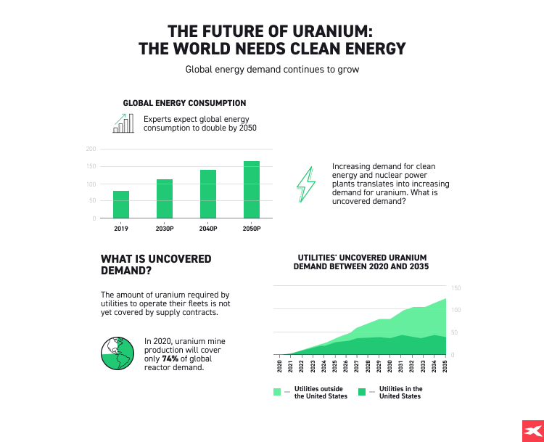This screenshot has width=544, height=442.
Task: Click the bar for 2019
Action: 121,205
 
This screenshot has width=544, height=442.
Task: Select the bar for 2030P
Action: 165,199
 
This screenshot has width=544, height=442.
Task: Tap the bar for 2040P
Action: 208,194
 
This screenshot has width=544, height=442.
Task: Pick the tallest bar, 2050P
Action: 252,189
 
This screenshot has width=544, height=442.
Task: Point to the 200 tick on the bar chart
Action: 91,149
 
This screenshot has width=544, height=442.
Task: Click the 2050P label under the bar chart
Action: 252,229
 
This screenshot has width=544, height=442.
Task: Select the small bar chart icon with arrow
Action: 123,123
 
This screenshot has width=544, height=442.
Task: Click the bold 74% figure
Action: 170,358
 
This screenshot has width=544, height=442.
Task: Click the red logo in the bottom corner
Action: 532,430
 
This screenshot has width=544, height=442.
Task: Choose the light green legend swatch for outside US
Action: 277,393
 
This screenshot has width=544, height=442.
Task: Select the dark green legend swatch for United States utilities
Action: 362,393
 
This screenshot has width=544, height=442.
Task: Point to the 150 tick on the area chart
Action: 456,288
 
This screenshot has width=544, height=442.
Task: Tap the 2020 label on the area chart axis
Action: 279,365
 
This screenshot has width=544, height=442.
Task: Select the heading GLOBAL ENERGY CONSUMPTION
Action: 184,103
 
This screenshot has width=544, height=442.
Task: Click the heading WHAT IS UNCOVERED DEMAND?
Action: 156,265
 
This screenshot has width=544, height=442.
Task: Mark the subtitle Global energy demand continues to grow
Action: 272,70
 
